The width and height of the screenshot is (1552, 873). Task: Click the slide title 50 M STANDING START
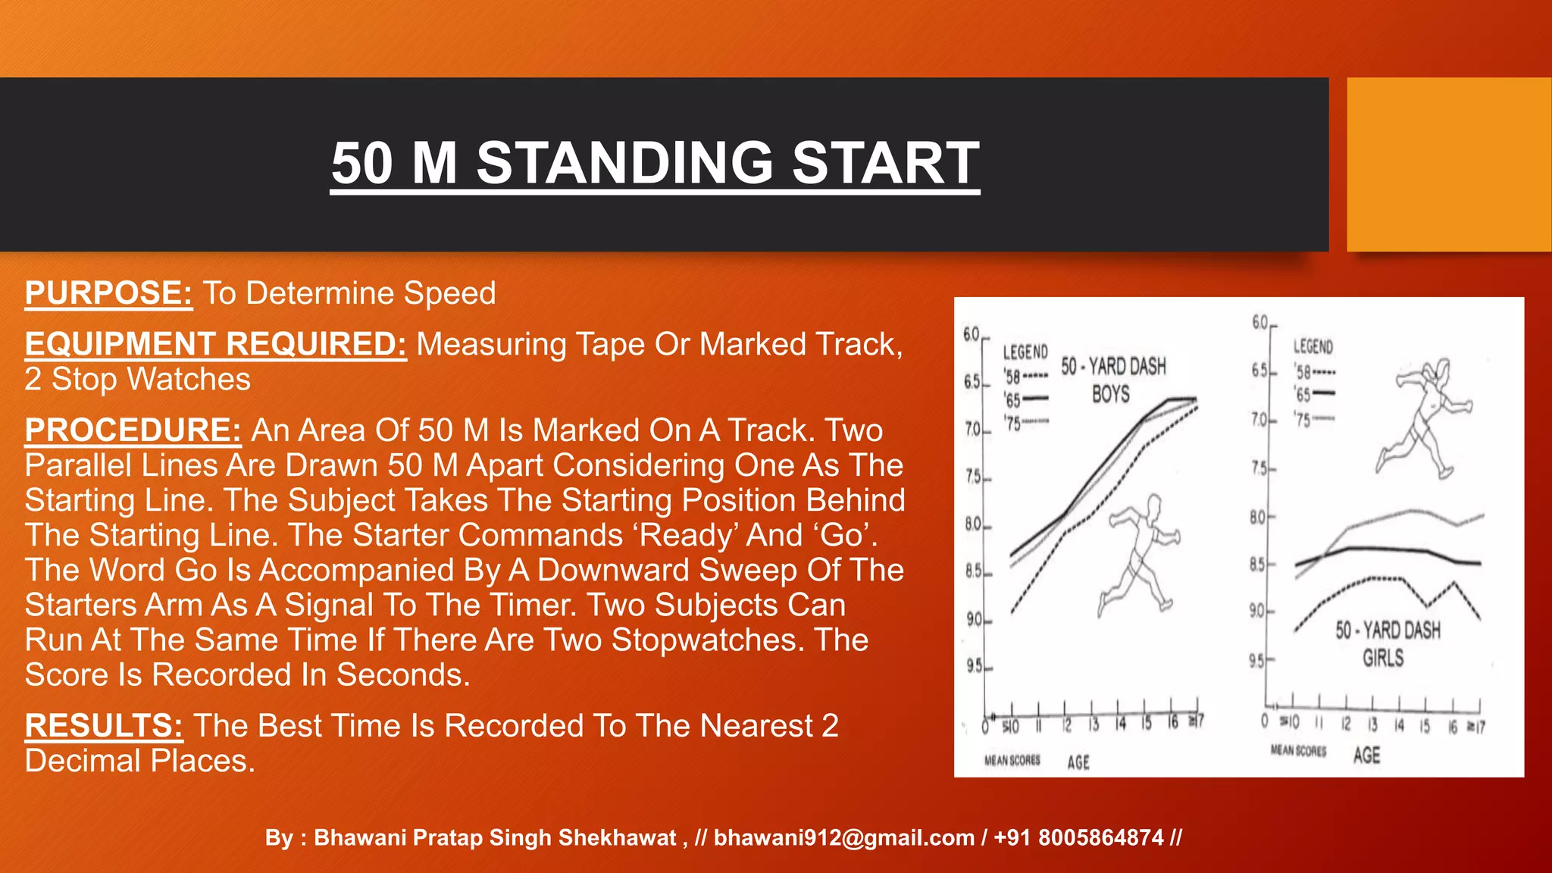(655, 163)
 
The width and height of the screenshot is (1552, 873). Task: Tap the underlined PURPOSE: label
(108, 293)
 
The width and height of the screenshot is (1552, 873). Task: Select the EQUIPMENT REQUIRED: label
(215, 344)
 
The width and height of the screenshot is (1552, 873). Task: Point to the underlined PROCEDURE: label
(133, 430)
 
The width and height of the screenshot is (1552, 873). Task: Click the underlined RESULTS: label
(104, 726)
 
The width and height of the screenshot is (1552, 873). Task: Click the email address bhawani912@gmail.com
(843, 837)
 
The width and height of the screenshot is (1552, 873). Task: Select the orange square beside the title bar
(1448, 164)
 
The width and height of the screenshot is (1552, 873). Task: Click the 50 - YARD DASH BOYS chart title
(1112, 380)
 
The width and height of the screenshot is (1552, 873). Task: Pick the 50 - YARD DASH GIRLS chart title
(1387, 644)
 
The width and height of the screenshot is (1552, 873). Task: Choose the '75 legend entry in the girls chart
(1313, 419)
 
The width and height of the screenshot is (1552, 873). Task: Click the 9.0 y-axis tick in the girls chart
(1259, 611)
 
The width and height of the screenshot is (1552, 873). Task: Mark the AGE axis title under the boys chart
(1078, 762)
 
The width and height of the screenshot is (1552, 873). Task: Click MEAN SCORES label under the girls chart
(1298, 750)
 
